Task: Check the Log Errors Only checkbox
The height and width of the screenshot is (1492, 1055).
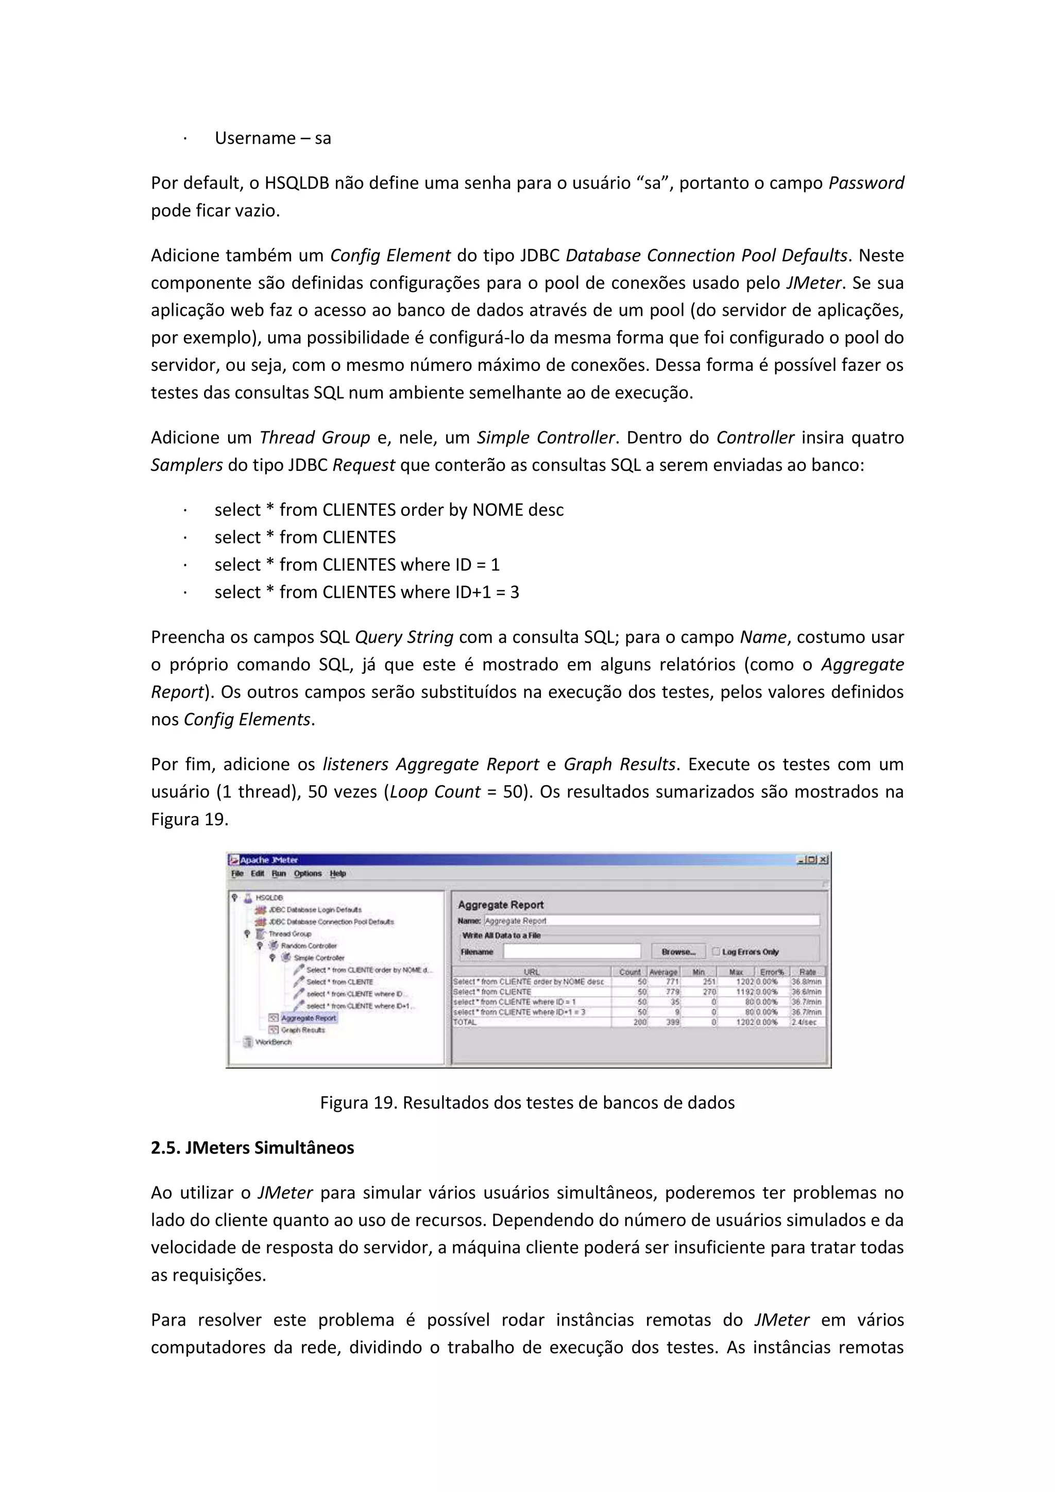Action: [716, 952]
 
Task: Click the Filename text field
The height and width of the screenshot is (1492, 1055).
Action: [572, 952]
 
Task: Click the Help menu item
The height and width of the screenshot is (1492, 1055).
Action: [337, 873]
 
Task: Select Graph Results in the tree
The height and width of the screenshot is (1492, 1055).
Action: [303, 1030]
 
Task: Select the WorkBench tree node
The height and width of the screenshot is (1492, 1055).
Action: [273, 1042]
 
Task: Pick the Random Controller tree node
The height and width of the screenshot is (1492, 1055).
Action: [309, 945]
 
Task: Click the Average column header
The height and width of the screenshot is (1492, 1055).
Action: [663, 972]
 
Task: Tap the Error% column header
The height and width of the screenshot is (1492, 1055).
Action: [772, 972]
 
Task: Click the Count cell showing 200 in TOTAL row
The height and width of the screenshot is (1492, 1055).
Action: [640, 1022]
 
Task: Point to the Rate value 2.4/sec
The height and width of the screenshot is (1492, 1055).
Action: [804, 1022]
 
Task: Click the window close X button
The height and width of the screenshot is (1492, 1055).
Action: [823, 860]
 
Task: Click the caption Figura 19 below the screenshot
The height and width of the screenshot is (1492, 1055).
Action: [527, 1103]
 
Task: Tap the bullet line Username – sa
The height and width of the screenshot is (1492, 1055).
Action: [273, 139]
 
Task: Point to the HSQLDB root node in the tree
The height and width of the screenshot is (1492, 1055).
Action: [269, 897]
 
